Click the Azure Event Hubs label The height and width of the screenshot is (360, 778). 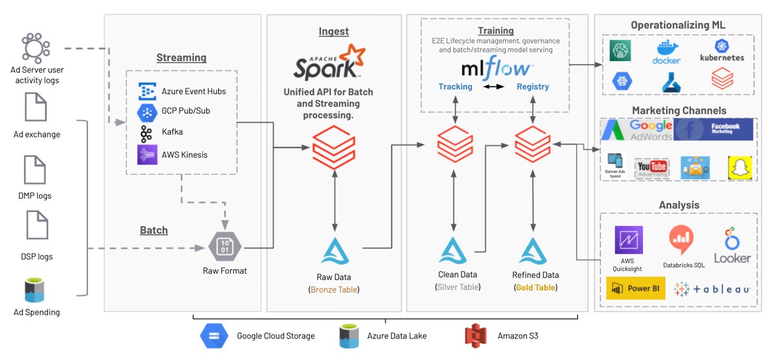pos(194,91)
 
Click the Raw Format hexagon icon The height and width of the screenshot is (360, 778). pos(224,246)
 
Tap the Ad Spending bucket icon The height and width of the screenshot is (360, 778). pos(36,290)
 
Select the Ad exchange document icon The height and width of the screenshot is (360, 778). pos(36,107)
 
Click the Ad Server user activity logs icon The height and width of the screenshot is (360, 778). pos(36,47)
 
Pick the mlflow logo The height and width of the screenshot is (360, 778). pos(497,67)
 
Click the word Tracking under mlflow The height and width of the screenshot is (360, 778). pos(455,87)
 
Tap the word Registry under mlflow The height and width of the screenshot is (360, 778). pos(533,87)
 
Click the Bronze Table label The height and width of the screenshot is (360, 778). pos(335,290)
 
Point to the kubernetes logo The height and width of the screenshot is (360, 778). pos(722,51)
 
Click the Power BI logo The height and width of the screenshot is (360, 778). pos(635,289)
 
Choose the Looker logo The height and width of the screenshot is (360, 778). pos(732,246)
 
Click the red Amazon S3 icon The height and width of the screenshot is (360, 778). pos(476,335)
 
